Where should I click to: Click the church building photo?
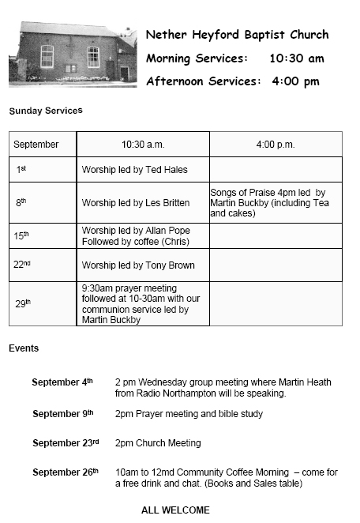coord(72,54)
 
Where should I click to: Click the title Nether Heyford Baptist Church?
coord(237,35)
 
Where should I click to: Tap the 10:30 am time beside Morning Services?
coord(296,58)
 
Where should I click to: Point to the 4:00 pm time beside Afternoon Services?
coord(295,81)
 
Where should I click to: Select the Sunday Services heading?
coord(46,111)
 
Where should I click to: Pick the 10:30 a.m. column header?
coord(142,145)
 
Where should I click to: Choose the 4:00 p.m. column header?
coord(275,145)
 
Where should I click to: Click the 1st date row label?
coord(21,169)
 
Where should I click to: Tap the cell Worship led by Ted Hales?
coord(135,169)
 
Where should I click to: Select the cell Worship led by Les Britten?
coord(136,203)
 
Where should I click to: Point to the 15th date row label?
coord(21,235)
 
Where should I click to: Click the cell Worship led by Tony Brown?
coord(138,265)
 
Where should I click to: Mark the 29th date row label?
coord(23,303)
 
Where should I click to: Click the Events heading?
coord(24,348)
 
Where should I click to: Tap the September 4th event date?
coord(62,382)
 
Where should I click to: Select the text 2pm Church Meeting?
coord(158,443)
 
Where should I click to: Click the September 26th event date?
coord(66,472)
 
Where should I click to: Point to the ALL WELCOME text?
coord(175,510)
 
